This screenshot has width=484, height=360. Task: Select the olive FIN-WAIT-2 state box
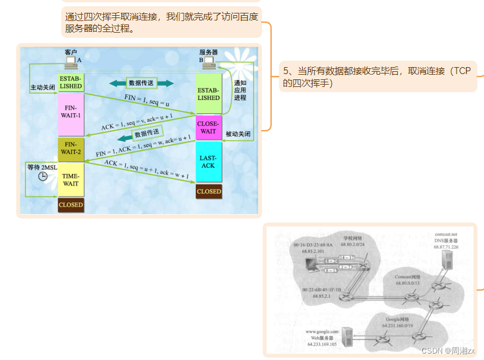tap(71, 148)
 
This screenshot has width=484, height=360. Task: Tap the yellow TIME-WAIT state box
tap(71, 179)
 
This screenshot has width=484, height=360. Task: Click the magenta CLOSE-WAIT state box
tap(209, 128)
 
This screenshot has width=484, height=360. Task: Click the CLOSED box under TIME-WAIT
tap(71, 205)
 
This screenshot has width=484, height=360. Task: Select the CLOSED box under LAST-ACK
tap(209, 191)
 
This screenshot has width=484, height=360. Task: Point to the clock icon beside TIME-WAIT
tap(43, 176)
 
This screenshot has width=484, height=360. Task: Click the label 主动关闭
tap(42, 88)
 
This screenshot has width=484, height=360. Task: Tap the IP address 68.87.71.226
tap(446, 247)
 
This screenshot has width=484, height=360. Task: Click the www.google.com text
tap(321, 331)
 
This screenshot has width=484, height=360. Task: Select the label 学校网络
tap(352, 238)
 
